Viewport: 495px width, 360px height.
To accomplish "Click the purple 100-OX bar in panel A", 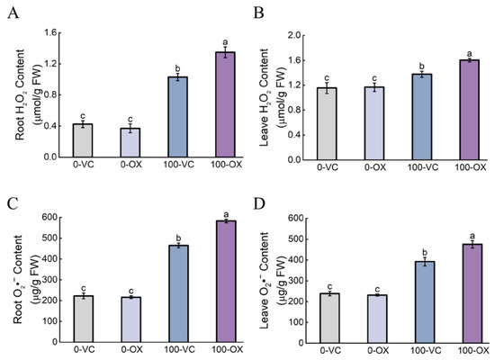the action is click(225, 104).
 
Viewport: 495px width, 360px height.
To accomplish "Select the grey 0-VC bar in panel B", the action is click(327, 124).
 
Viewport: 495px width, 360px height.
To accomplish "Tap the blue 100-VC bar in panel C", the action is click(178, 293).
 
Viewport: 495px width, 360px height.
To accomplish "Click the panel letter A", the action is click(13, 13).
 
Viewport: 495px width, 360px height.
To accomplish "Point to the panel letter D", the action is click(259, 204).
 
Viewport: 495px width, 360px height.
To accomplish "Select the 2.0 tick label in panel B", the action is click(293, 35).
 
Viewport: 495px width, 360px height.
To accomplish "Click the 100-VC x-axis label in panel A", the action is click(178, 165).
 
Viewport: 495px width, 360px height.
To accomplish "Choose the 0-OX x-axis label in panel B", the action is click(375, 167).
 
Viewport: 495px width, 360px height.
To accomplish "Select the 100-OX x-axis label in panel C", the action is click(227, 349).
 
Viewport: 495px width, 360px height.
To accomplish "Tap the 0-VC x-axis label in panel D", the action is click(330, 350).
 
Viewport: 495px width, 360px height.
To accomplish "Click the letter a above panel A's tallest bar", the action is click(225, 42).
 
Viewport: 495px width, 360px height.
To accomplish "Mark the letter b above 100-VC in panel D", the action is click(425, 252).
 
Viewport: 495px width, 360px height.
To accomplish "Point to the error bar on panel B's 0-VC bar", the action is click(327, 88).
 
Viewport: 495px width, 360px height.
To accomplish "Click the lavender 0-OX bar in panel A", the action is click(130, 143).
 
